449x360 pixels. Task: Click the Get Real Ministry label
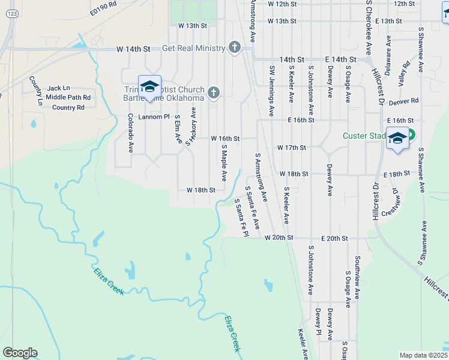[x=193, y=48]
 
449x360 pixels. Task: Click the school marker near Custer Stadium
[x=397, y=139]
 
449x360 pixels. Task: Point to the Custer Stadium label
[x=364, y=136]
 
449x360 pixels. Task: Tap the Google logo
[x=20, y=353]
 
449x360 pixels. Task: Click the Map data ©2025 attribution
[x=424, y=355]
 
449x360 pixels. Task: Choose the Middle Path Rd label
[x=68, y=97]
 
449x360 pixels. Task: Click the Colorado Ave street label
[x=130, y=133]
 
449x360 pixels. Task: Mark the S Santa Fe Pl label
[x=241, y=220]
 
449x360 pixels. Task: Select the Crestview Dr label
[x=394, y=203]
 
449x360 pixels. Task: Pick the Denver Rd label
[x=403, y=102]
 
